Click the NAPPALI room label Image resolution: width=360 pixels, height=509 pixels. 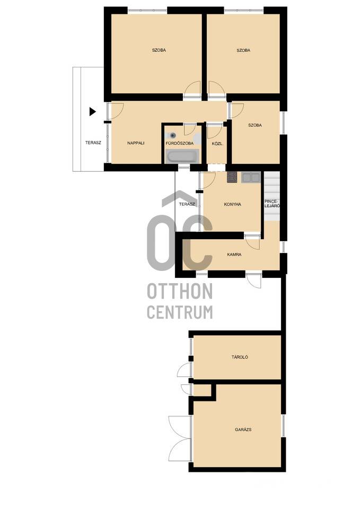coord(136,143)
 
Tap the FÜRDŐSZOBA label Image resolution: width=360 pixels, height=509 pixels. coord(180,143)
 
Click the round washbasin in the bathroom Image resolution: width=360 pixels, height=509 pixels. coord(172,135)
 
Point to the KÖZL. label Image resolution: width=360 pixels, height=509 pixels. coord(217,143)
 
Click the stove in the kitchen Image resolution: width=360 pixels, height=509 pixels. coord(232,177)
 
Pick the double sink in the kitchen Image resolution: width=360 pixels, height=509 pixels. coord(251,177)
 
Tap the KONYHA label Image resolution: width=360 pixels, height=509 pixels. coord(232,205)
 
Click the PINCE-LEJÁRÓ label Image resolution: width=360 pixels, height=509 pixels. coord(271,204)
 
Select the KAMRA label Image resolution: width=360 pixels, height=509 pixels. coord(234,255)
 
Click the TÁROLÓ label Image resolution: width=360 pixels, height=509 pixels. coord(240,357)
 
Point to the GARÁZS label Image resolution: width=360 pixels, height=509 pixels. coord(243,429)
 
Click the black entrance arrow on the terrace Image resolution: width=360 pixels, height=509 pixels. coord(93,112)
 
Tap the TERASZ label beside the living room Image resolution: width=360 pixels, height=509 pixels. coord(93,143)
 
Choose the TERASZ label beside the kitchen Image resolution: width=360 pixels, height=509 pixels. coord(187,204)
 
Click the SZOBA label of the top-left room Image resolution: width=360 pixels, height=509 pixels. coord(159,50)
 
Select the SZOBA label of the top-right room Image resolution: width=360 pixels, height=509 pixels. coord(243,50)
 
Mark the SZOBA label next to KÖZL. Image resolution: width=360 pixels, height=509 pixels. coord(255,125)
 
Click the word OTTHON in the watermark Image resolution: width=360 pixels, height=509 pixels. coord(180,291)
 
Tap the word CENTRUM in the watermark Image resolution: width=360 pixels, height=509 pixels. coord(180,312)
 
